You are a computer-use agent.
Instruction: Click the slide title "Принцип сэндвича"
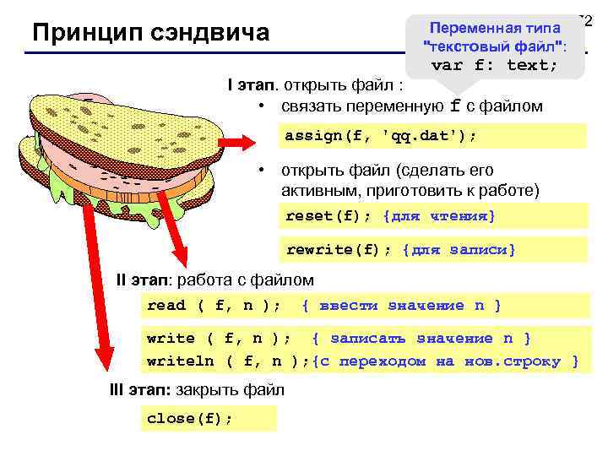[x=150, y=33]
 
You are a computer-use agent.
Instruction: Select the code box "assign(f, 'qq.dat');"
[x=380, y=135]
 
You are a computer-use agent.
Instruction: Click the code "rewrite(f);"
[x=339, y=250]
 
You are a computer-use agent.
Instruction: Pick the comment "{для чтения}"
[x=439, y=216]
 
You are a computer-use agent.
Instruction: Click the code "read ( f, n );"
[x=214, y=305]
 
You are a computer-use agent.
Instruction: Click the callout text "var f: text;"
[x=494, y=65]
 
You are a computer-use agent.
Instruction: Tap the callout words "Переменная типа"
[x=497, y=29]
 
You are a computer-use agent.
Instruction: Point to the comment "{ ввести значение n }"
[x=401, y=305]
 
